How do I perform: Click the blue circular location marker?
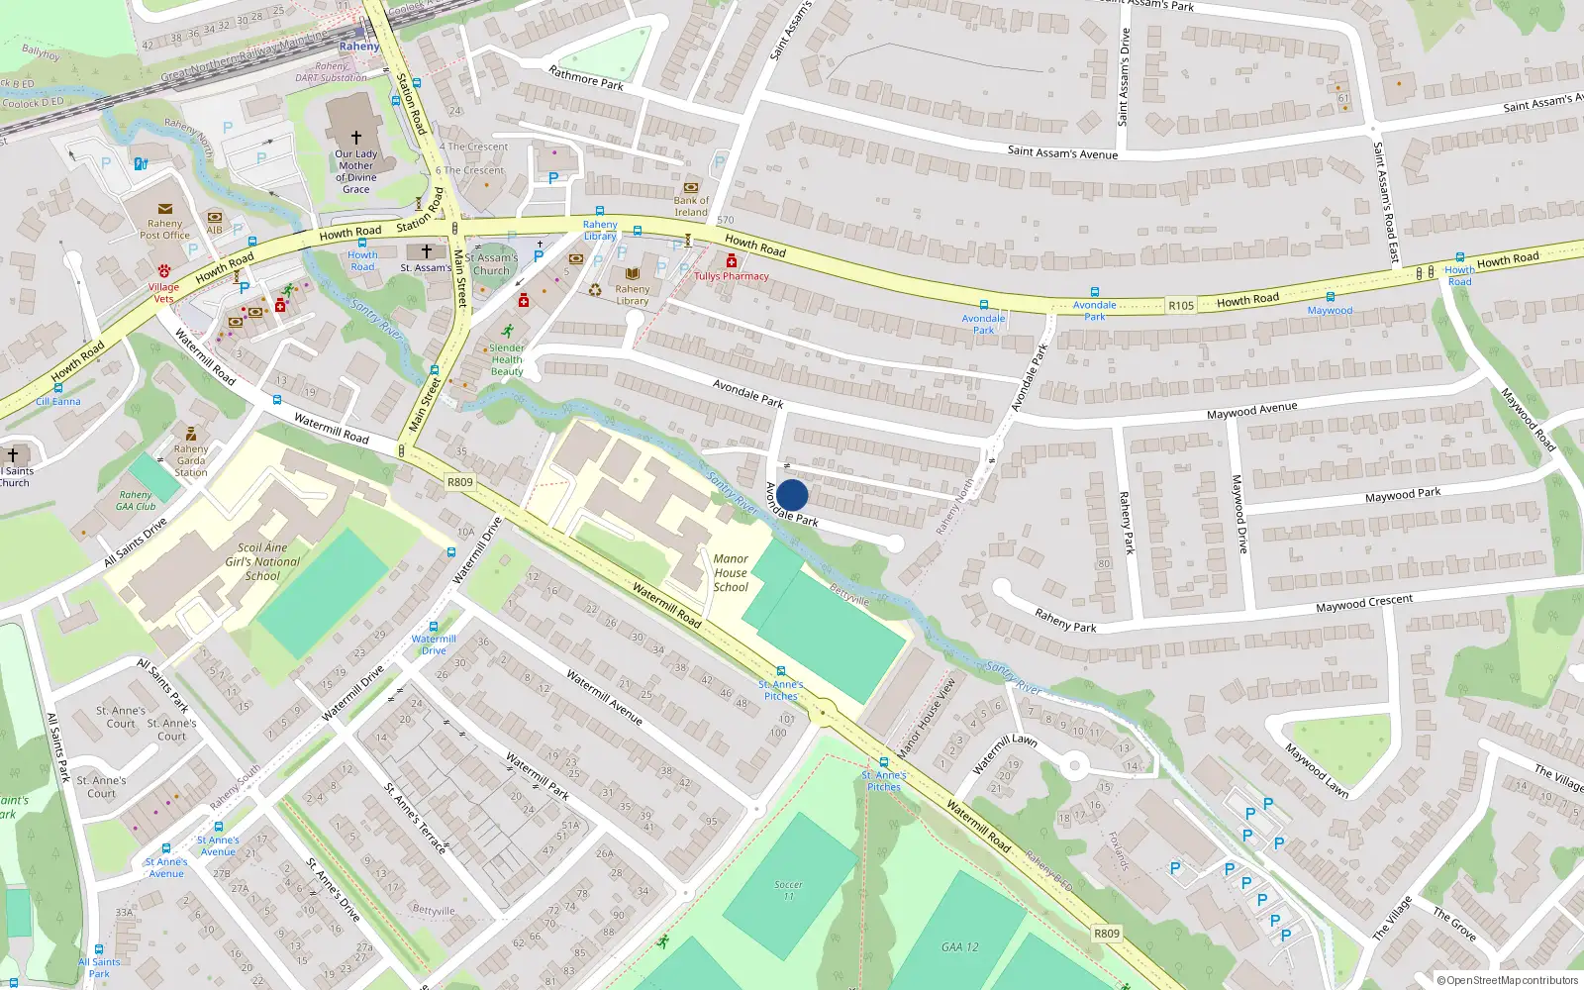792,495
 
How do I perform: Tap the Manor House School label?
731,573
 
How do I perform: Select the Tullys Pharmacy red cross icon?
732,260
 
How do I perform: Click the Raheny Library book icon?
632,274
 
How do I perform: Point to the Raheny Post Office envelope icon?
165,209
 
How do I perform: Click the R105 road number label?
1181,306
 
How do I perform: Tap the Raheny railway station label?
358,46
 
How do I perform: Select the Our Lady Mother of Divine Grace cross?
356,138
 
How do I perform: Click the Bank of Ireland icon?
691,187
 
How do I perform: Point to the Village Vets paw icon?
164,271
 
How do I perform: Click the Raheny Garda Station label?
191,460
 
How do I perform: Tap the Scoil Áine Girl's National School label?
262,561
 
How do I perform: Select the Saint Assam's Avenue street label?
1062,152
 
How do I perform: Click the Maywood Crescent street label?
1364,603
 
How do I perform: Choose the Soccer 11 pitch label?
788,890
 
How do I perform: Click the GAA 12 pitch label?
959,947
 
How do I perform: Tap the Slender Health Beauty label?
507,359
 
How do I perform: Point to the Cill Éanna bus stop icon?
58,388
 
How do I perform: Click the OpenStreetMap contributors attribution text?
1507,980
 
